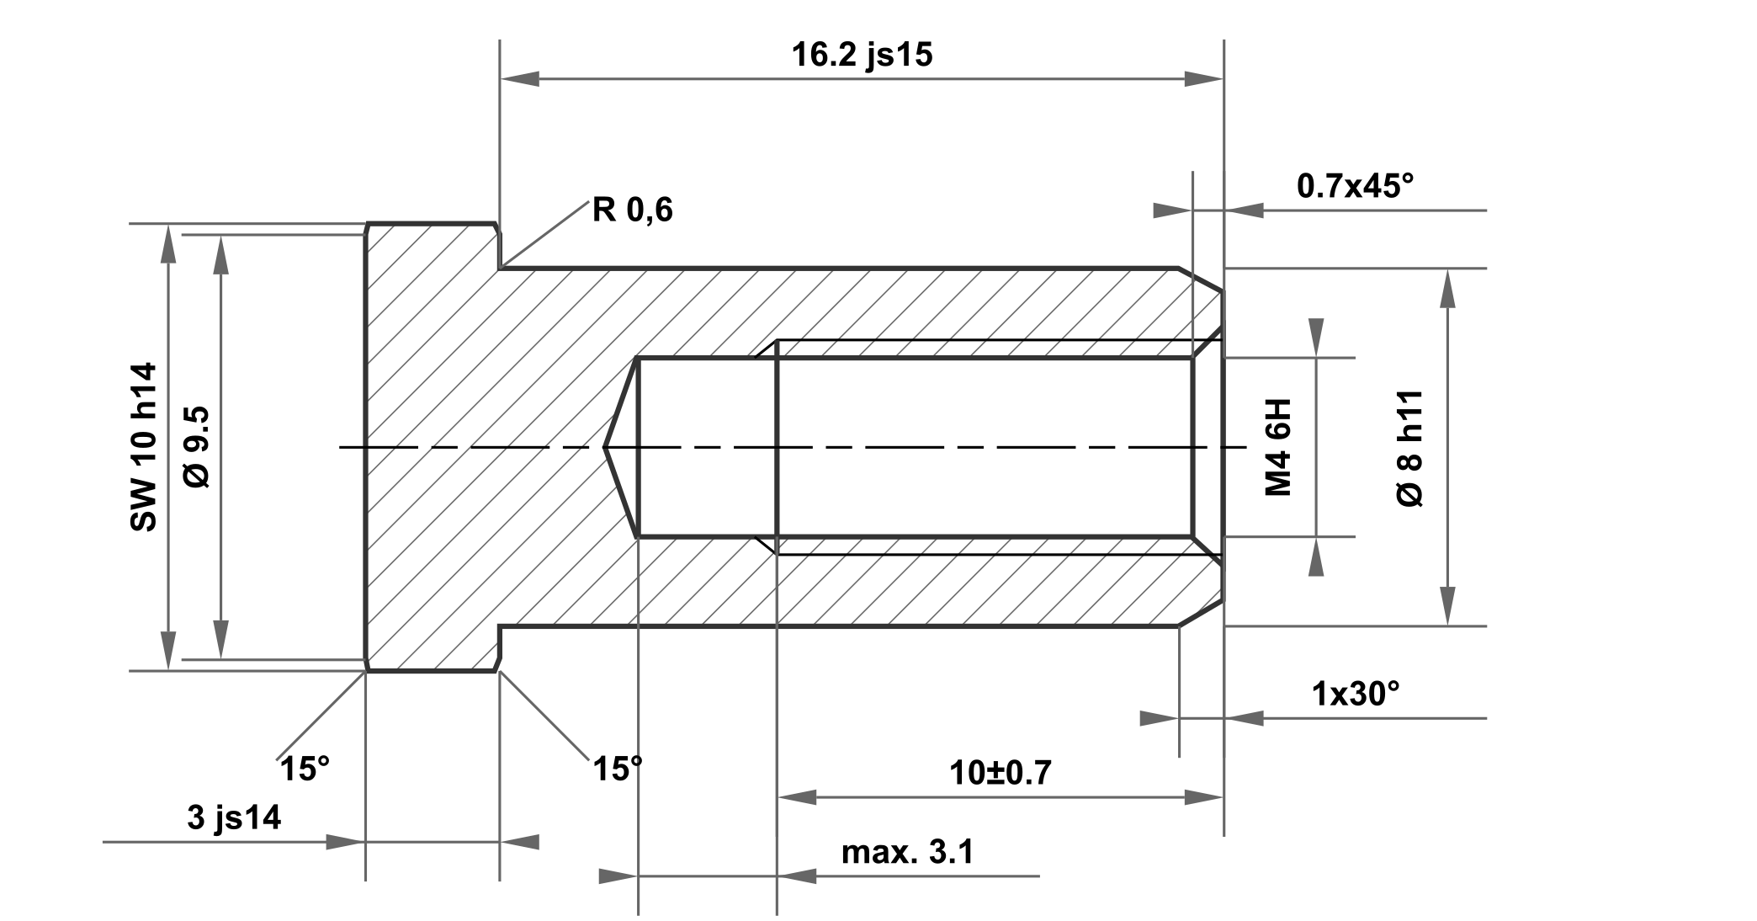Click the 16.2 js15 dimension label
[x=863, y=56]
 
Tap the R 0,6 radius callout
[x=633, y=210]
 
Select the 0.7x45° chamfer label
[x=1356, y=185]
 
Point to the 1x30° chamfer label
[x=1356, y=694]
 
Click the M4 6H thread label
[x=1278, y=447]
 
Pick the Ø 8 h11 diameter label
[x=1409, y=448]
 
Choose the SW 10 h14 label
[x=144, y=447]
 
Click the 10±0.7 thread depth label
[x=1001, y=772]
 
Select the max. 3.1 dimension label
[x=908, y=852]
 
